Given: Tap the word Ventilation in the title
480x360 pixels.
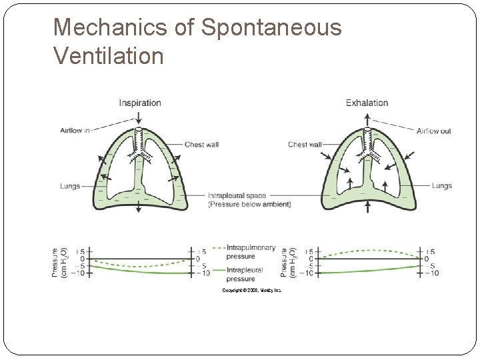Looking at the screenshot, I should (x=108, y=55).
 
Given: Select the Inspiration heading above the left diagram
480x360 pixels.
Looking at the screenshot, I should (x=140, y=103).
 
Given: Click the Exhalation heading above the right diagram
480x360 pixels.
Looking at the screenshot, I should (x=367, y=103).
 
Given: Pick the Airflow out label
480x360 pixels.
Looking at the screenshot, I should (x=434, y=131).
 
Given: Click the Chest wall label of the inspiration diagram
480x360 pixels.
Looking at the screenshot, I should (x=202, y=144).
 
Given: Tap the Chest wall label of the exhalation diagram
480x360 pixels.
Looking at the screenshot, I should (x=305, y=144).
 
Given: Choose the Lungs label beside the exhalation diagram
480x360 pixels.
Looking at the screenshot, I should (x=441, y=186).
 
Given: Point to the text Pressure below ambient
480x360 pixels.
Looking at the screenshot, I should (x=249, y=205).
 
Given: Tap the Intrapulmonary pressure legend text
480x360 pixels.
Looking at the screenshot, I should (x=250, y=251).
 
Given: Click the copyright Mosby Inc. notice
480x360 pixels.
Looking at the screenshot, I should (x=251, y=291).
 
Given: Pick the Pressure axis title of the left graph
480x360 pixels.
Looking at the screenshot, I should (x=59, y=263).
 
